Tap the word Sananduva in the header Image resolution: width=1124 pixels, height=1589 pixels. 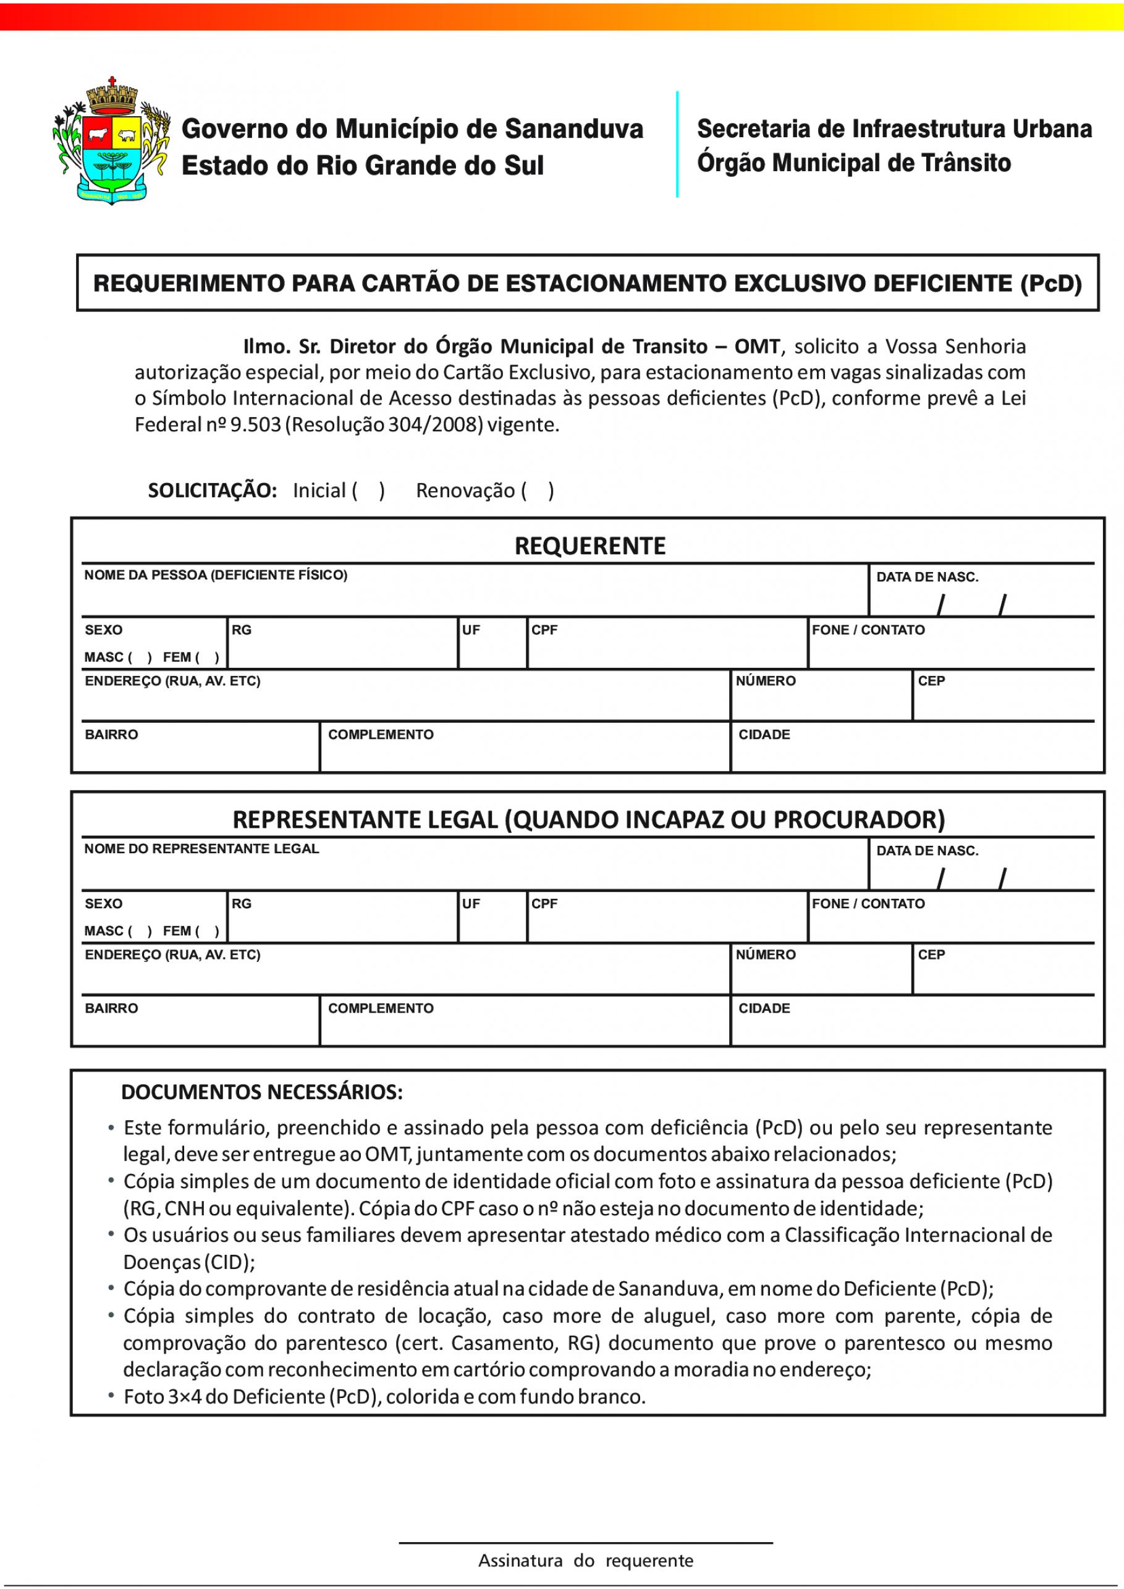[x=574, y=129]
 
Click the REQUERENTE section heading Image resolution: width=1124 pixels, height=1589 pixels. [x=589, y=546]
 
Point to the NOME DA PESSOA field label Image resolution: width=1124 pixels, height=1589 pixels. [x=215, y=575]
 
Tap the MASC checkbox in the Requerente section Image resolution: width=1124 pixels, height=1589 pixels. [x=140, y=657]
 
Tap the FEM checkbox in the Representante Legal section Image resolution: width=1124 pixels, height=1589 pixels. [x=207, y=931]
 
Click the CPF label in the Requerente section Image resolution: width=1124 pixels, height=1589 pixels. [x=544, y=630]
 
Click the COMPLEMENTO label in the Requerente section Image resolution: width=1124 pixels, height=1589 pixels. [x=381, y=735]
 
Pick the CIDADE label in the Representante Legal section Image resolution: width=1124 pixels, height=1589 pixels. [x=764, y=1008]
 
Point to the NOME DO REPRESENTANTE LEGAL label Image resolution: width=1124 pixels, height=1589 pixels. [x=201, y=849]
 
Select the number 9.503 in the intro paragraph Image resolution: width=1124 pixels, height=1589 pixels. [x=256, y=424]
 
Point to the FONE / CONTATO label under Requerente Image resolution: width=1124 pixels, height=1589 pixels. [x=868, y=630]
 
